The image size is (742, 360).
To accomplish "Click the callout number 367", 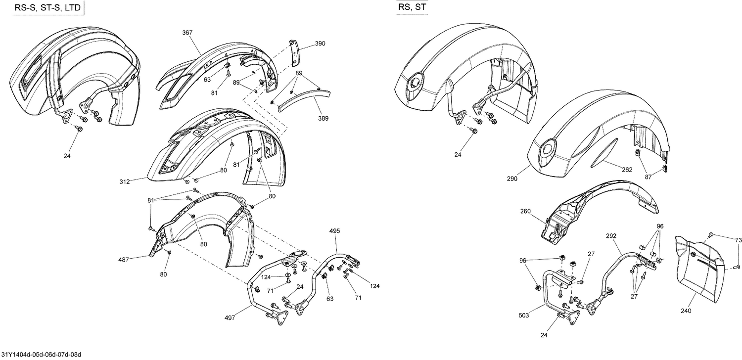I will coord(187,33).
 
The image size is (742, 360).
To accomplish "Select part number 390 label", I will coord(320,44).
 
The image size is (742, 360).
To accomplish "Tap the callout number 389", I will coord(324,118).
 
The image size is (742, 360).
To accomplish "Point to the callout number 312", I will coord(124,182).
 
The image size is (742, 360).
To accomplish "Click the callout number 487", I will coord(124,259).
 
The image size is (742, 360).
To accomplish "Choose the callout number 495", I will coord(335,231).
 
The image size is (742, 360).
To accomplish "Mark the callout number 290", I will coord(512,179).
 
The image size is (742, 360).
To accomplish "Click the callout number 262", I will coord(627,169).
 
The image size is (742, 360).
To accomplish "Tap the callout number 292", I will coord(612,236).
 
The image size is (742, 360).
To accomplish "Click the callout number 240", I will coord(686,311).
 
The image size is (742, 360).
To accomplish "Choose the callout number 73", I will coord(738,240).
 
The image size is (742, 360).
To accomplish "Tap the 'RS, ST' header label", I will coord(413,7).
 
